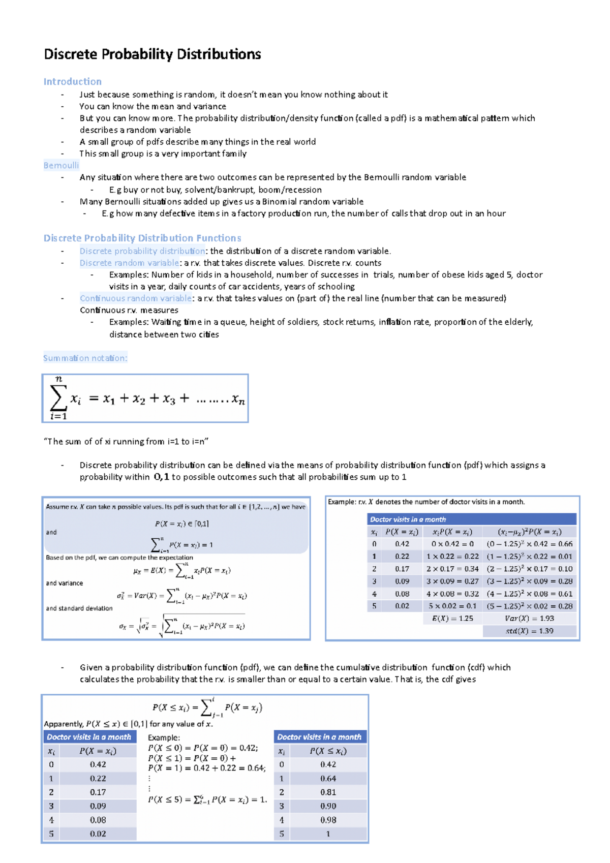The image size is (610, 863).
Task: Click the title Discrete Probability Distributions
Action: (x=152, y=54)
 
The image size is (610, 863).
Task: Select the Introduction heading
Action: (x=72, y=81)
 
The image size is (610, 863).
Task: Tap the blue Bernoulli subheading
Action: (x=61, y=165)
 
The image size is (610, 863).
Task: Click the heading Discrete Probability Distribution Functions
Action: (x=142, y=238)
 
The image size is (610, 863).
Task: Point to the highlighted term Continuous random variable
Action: (x=136, y=298)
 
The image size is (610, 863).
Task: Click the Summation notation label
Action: (x=85, y=358)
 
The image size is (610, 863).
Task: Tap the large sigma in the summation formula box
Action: (x=58, y=398)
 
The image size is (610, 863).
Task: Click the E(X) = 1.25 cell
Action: (x=452, y=619)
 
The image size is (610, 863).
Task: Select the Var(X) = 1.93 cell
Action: (x=529, y=619)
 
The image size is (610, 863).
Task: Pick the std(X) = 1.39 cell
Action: (x=529, y=631)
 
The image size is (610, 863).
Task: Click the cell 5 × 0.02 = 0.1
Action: (x=452, y=606)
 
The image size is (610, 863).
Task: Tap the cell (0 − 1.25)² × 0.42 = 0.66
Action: (x=529, y=544)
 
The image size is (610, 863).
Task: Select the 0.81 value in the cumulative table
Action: (x=328, y=792)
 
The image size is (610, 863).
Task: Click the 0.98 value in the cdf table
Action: (x=328, y=820)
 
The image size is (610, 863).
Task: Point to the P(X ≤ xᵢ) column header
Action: (x=328, y=751)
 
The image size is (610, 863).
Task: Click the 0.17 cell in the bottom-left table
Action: (x=98, y=792)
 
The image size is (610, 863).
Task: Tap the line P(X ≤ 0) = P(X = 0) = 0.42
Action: (x=203, y=748)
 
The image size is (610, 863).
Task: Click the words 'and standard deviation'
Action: (x=79, y=608)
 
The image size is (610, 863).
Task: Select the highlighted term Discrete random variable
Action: (x=129, y=263)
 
